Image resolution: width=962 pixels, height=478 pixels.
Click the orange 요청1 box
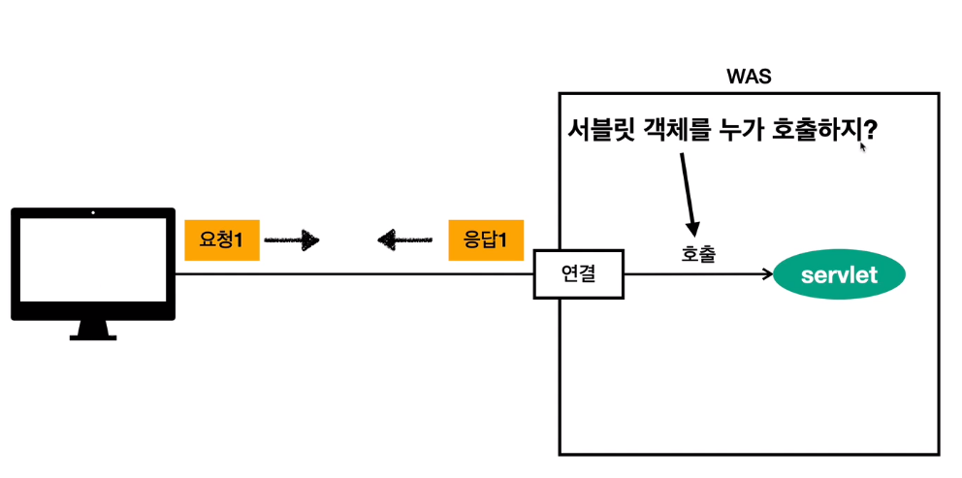pyautogui.click(x=221, y=239)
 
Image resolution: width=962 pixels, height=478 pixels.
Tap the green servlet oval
pyautogui.click(x=839, y=275)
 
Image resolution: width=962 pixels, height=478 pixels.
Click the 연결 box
pyautogui.click(x=579, y=273)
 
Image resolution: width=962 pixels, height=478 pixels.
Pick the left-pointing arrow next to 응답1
pyautogui.click(x=405, y=239)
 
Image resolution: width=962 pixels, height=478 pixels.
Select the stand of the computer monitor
pyautogui.click(x=93, y=330)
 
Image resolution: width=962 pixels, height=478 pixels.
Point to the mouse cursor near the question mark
pyautogui.click(x=861, y=147)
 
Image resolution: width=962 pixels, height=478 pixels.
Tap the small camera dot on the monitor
pyautogui.click(x=93, y=212)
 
